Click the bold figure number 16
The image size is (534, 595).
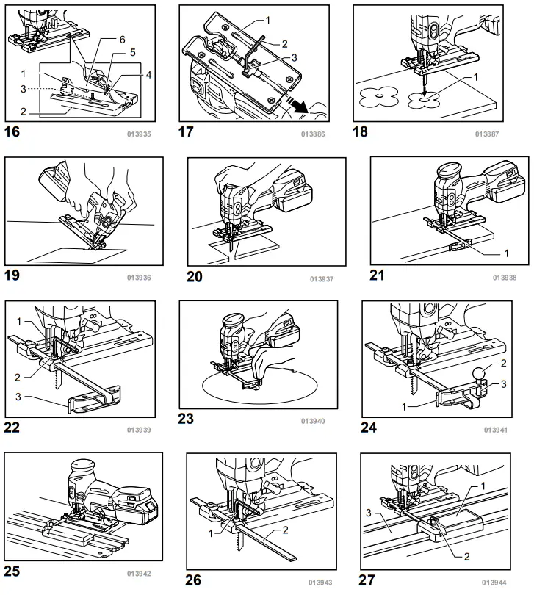13,132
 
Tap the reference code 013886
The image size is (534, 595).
312,134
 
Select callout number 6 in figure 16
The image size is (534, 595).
122,39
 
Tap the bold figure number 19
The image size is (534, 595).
13,277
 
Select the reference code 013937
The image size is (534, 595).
322,278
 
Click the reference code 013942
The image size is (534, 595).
137,573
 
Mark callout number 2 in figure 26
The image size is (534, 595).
286,530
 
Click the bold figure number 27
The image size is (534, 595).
367,580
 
